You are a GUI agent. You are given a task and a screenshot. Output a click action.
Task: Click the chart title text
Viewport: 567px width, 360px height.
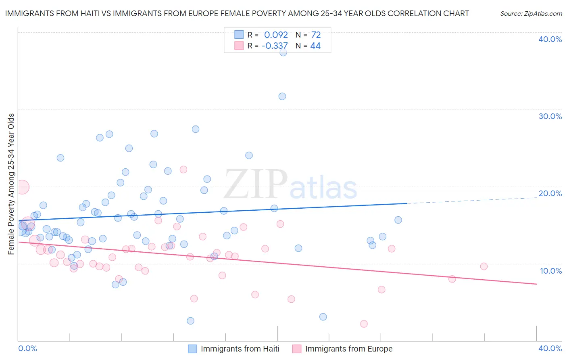tap(237, 13)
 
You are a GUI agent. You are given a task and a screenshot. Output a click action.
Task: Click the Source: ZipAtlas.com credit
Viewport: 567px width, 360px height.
tap(531, 14)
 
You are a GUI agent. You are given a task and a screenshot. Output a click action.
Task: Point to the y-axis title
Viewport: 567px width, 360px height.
tap(11, 184)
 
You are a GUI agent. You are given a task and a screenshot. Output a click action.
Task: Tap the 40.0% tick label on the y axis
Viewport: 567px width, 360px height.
tap(550, 39)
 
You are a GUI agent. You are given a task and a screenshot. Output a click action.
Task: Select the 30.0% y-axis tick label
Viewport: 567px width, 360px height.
tap(550, 116)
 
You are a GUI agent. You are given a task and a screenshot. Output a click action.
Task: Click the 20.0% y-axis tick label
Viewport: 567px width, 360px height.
tap(550, 193)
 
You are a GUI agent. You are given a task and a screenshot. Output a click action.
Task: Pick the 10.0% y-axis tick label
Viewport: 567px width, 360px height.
tap(550, 271)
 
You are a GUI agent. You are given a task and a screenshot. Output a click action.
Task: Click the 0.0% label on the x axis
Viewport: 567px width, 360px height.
tap(27, 348)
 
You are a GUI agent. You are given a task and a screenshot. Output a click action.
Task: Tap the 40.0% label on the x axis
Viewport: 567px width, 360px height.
tap(550, 348)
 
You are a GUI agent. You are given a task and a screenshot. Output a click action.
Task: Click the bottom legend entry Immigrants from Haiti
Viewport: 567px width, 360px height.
tap(240, 349)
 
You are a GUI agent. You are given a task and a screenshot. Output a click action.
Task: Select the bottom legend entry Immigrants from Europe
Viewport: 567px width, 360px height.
tap(348, 349)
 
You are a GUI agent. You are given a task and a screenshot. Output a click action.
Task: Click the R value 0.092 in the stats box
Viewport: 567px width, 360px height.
tap(276, 35)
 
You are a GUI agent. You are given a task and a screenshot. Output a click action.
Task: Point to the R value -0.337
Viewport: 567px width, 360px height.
tap(275, 46)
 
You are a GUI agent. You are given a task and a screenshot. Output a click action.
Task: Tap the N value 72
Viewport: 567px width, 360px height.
tap(316, 35)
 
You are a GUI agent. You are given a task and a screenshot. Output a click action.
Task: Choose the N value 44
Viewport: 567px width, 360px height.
tap(315, 46)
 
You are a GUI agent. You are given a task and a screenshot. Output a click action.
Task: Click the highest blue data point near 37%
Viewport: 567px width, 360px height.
tap(283, 52)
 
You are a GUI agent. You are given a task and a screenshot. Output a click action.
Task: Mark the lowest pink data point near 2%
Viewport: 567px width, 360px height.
tap(364, 324)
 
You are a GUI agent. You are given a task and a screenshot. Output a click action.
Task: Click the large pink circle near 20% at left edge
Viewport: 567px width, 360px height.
tap(22, 187)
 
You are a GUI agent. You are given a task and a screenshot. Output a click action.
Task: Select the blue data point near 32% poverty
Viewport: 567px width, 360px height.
tap(282, 96)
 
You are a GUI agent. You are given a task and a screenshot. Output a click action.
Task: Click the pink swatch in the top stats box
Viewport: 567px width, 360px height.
tap(239, 46)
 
